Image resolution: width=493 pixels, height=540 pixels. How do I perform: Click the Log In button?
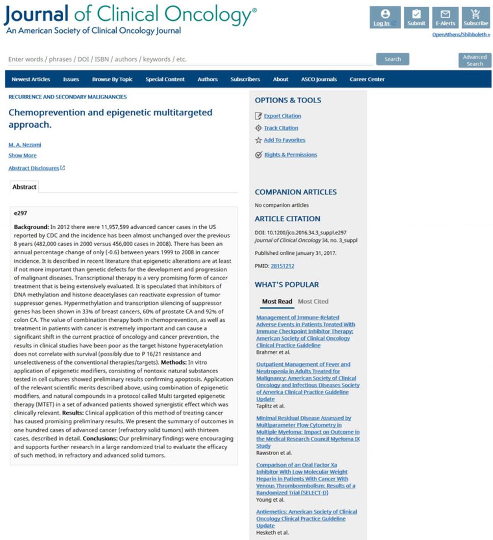pyautogui.click(x=385, y=18)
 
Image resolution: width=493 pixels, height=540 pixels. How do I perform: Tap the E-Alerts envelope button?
pyautogui.click(x=445, y=18)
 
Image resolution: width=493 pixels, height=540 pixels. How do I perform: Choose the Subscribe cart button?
pyautogui.click(x=475, y=18)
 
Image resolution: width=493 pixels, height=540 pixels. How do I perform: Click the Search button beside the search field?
pyautogui.click(x=392, y=59)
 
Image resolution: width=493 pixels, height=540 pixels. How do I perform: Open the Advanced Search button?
pyautogui.click(x=474, y=60)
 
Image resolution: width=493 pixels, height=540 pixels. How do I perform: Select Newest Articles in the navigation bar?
pyautogui.click(x=31, y=80)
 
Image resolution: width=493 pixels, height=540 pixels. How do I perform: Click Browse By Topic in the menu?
pyautogui.click(x=112, y=80)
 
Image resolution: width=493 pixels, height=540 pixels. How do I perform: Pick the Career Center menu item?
pyautogui.click(x=367, y=80)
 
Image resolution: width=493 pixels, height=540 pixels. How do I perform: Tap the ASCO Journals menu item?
pyautogui.click(x=319, y=80)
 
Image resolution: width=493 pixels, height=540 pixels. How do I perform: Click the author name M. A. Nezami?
pyautogui.click(x=25, y=145)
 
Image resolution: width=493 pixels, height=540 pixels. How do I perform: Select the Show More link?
pyautogui.click(x=23, y=156)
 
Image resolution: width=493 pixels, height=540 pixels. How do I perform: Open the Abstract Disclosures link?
pyautogui.click(x=34, y=168)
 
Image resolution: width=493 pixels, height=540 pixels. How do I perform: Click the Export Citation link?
pyautogui.click(x=283, y=116)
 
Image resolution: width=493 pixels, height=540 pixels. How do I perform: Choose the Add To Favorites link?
pyautogui.click(x=285, y=140)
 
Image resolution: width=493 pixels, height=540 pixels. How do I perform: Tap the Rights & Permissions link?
pyautogui.click(x=290, y=155)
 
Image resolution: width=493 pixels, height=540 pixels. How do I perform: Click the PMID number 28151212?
pyautogui.click(x=283, y=266)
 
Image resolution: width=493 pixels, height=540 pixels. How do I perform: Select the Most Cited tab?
pyautogui.click(x=313, y=301)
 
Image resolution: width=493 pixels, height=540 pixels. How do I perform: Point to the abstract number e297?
pyautogui.click(x=21, y=214)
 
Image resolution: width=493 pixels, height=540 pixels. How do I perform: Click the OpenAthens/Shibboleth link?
pyautogui.click(x=461, y=35)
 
